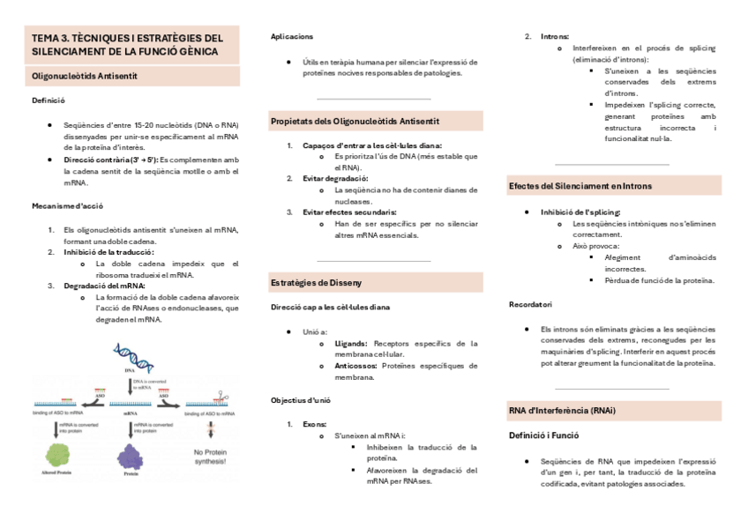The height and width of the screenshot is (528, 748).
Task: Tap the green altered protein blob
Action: [x=60, y=456]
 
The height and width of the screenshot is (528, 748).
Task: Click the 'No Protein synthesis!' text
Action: [x=209, y=457]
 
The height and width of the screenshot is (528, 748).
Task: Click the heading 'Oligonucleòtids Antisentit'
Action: [x=85, y=77]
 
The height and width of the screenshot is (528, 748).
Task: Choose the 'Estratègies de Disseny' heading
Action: [x=316, y=282]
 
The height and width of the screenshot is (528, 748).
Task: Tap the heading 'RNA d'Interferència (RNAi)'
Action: [x=562, y=411]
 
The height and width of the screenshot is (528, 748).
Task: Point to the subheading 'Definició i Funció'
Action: [x=543, y=435]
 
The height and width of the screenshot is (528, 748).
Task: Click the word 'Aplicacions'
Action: [x=292, y=36]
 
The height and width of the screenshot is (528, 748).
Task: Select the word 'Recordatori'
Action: [x=530, y=304]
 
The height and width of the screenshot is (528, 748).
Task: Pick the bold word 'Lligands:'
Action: [x=351, y=343]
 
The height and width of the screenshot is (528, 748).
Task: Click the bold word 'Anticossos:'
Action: [x=355, y=365]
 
